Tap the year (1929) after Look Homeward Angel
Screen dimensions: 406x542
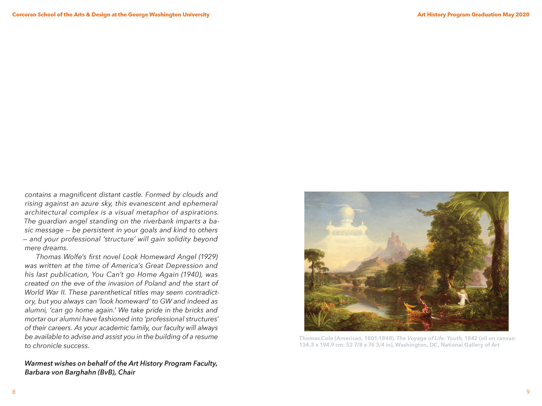pyautogui.click(x=208, y=257)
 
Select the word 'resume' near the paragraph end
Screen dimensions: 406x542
pyautogui.click(x=204, y=337)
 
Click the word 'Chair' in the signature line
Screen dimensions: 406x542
pyautogui.click(x=127, y=372)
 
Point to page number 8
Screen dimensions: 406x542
pyautogui.click(x=14, y=392)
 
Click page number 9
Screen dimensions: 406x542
pyautogui.click(x=528, y=392)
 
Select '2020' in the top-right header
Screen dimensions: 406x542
pyautogui.click(x=522, y=15)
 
